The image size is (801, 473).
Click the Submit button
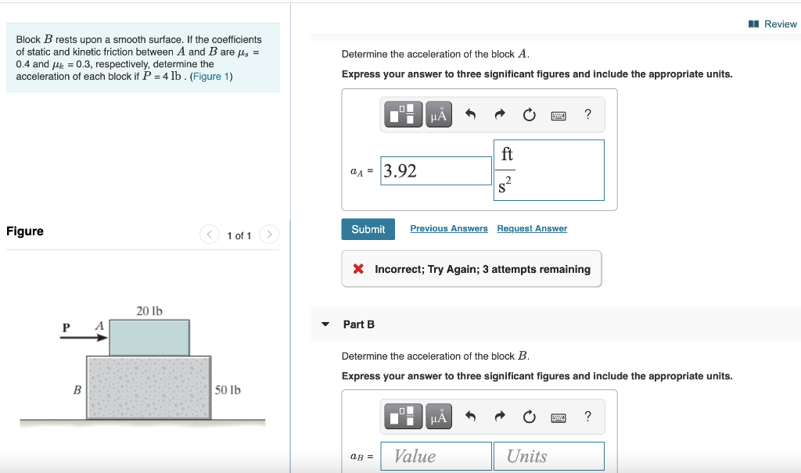[x=368, y=229]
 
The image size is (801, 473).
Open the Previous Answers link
[x=448, y=228]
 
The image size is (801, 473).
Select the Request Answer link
[x=532, y=228]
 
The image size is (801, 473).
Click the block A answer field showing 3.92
[x=436, y=170]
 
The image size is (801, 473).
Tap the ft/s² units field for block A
[x=548, y=170]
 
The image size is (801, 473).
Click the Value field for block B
[x=436, y=457]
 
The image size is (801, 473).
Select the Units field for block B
[x=548, y=457]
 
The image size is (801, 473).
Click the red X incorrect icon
[x=358, y=269]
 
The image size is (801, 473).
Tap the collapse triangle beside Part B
[x=325, y=324]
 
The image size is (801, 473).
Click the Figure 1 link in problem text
[x=210, y=76]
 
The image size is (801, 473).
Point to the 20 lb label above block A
[x=149, y=311]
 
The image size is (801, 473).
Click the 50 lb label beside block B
[x=228, y=389]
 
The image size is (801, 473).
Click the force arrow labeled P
[x=91, y=338]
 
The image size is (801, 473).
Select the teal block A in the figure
[x=149, y=337]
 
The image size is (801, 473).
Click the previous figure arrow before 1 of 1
[x=210, y=235]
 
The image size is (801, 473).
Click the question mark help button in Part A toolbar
[x=588, y=115]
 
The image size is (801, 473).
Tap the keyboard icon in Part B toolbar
[x=559, y=417]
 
